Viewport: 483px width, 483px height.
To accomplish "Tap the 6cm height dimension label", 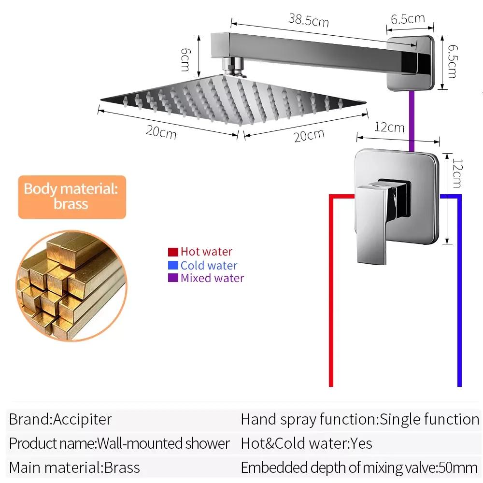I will pos(185,58).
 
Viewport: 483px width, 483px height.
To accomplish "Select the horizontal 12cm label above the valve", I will pos(389,127).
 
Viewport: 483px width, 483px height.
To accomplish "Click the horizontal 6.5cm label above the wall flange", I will pos(408,19).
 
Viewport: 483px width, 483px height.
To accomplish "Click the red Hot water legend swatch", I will pos(173,252).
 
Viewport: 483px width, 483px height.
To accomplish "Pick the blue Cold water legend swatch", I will pos(173,265).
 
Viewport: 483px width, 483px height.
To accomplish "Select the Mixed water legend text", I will pos(212,278).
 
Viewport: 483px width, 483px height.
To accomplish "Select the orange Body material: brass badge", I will pos(72,197).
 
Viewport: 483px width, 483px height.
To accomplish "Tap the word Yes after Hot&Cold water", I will pos(362,443).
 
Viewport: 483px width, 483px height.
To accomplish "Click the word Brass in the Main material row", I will pos(122,468).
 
